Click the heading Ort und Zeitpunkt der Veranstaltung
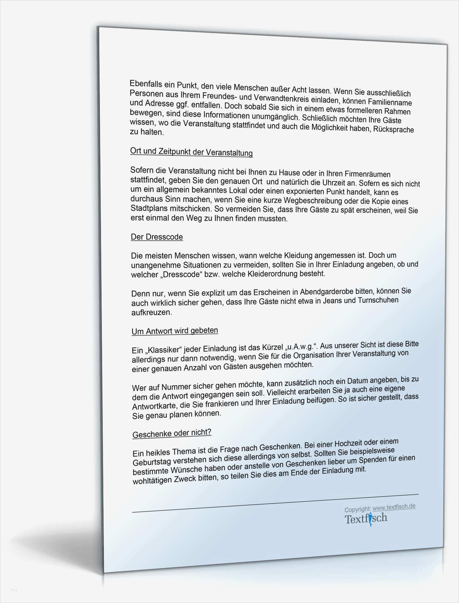click(191, 152)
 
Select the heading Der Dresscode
click(157, 237)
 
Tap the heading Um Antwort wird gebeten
click(175, 331)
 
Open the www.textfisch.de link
click(394, 507)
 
